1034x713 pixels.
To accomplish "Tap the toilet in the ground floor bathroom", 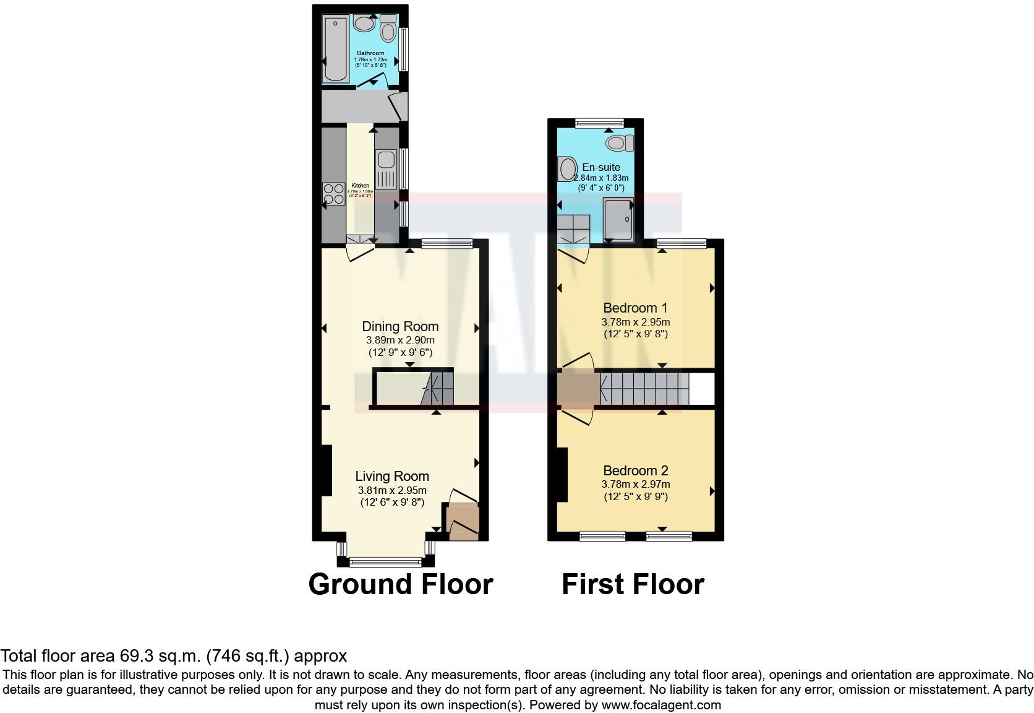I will coord(388,28).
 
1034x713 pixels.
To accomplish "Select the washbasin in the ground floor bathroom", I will coord(363,24).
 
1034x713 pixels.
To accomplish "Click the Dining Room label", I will coord(400,326).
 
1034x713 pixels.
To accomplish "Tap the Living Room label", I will coord(392,476).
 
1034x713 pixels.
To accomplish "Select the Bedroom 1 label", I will coord(635,308).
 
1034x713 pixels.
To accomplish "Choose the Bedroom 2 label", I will coord(636,470).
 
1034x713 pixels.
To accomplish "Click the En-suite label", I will coord(600,167).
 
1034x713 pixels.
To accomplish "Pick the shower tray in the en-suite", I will coord(618,219).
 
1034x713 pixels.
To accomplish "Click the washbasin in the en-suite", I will coord(567,168).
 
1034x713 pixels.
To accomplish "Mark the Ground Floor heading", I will coord(401,584).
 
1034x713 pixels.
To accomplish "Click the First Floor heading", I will coord(633,584).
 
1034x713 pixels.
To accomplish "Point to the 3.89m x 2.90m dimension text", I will coord(400,340).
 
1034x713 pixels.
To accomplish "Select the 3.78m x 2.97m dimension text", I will coord(636,485).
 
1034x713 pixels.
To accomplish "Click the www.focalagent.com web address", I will coord(661,705).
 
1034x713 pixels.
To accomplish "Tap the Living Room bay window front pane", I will coord(386,562).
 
